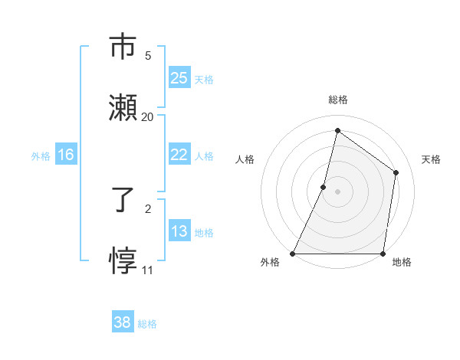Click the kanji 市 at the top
coord(124,47)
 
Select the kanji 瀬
coord(124,107)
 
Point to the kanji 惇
coord(124,260)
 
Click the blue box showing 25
coord(179,78)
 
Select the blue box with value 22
coord(179,155)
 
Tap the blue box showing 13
coord(179,231)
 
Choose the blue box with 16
coord(66,155)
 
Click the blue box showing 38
coord(123,322)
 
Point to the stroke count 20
coord(147,117)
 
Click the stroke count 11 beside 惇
coord(147,270)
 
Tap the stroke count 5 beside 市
coord(147,56)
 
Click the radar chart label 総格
coord(337,100)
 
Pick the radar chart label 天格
coord(431,159)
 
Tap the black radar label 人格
coord(245,159)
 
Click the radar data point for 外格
coord(293,254)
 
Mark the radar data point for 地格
coord(383,254)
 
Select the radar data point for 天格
coord(396,173)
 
